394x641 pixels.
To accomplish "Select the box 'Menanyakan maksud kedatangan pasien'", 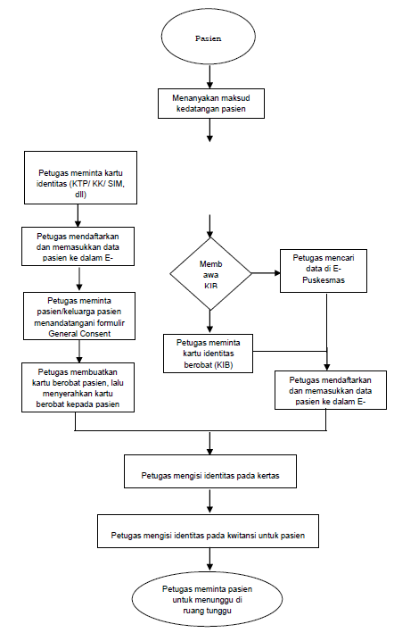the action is click(x=211, y=104).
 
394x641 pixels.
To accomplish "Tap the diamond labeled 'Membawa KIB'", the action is click(x=210, y=274).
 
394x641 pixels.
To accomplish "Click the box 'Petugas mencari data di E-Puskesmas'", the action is click(x=324, y=271).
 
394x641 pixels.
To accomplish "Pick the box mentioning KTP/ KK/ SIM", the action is click(x=80, y=178).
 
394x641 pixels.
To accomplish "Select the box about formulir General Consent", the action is click(x=79, y=316).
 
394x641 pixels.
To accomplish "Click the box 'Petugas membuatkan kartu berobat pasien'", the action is click(x=78, y=387).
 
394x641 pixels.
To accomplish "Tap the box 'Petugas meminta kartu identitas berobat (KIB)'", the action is click(x=209, y=354).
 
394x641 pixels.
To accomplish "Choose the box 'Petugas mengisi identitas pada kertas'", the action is click(x=210, y=471).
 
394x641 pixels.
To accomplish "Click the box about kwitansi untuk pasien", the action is click(x=208, y=531).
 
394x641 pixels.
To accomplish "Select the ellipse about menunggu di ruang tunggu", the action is click(x=207, y=599).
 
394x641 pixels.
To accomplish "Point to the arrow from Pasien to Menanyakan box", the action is click(x=209, y=77).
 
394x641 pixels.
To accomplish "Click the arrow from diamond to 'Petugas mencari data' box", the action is click(x=266, y=273).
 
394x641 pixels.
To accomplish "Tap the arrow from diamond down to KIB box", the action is click(x=209, y=321).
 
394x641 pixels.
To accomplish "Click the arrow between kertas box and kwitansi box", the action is click(x=209, y=501).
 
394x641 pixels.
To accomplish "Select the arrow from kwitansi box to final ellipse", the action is click(x=209, y=559).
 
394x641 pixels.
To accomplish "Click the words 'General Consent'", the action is click(x=79, y=334).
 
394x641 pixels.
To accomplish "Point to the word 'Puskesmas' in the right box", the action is click(x=324, y=280).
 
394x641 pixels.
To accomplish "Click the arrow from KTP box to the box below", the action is click(x=78, y=215).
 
